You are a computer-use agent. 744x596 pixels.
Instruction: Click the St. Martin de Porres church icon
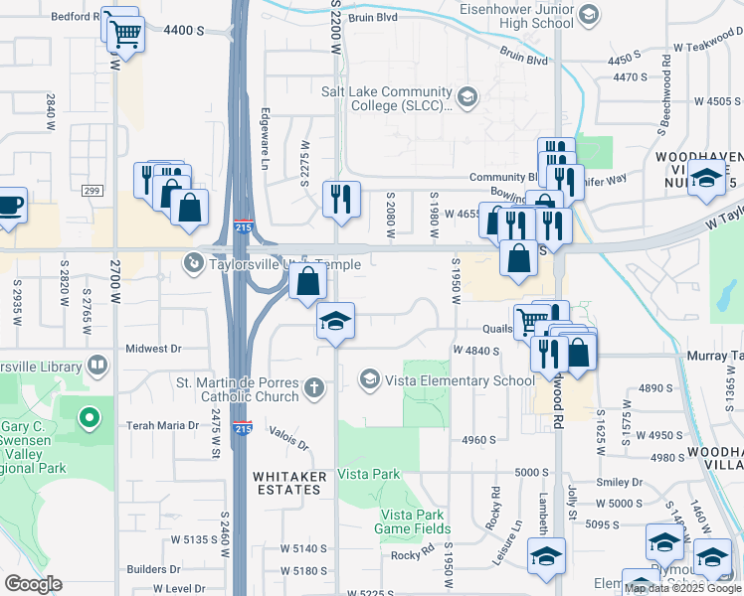tap(314, 388)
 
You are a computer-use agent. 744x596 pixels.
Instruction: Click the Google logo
tap(33, 584)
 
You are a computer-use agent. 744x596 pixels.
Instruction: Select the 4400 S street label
tap(183, 31)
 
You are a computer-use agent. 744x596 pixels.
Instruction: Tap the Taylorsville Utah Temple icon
tap(193, 263)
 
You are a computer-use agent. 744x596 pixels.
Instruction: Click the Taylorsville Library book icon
tap(96, 366)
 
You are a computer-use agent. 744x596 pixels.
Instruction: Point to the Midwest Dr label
tap(154, 349)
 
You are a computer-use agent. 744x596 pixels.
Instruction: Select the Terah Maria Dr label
tap(162, 425)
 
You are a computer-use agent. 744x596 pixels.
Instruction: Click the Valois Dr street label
tap(289, 439)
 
